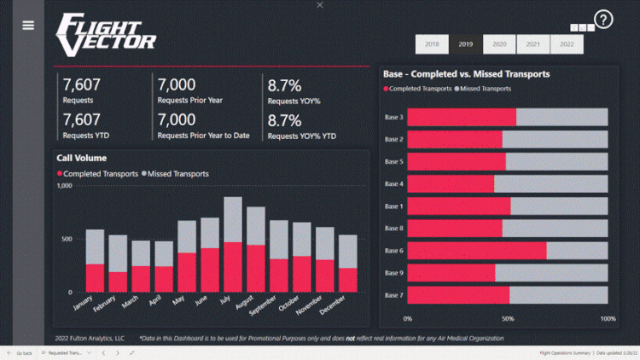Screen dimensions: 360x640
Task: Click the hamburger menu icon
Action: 28,26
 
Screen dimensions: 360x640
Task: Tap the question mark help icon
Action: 603,20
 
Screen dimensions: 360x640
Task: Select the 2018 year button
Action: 432,44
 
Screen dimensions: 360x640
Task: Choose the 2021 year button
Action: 532,44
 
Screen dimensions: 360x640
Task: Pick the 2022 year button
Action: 566,44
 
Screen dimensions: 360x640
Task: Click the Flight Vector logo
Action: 105,32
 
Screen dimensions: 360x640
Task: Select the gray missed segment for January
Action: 95,247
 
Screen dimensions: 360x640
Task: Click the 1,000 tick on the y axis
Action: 65,185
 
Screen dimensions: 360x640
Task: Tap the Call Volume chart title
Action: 81,158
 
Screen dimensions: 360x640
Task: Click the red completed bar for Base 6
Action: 476,250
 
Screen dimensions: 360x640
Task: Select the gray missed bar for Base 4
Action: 550,183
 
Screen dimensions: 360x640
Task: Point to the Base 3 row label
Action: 393,116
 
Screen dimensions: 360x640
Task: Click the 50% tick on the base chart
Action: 508,318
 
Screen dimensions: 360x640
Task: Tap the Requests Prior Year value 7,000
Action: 177,84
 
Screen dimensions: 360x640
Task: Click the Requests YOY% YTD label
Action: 301,136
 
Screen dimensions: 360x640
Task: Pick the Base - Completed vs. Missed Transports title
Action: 467,74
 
